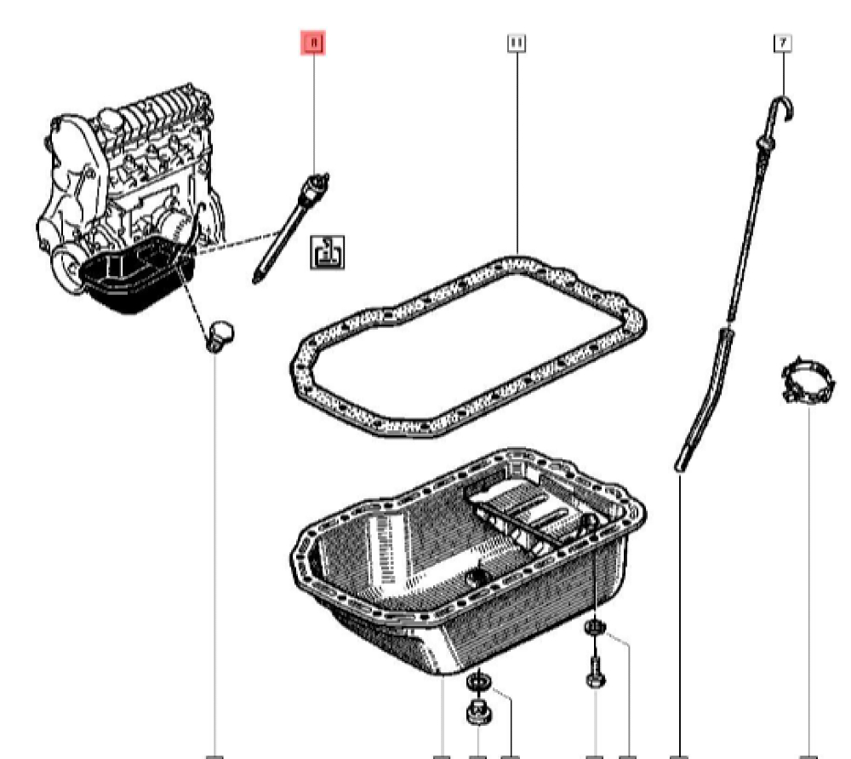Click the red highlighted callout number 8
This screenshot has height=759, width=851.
point(314,42)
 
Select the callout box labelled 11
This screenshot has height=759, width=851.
point(516,42)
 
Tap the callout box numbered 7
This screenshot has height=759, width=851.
point(782,42)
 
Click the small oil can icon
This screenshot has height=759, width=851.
point(328,251)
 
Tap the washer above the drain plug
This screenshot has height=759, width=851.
point(478,681)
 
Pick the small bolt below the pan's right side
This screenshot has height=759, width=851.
point(594,673)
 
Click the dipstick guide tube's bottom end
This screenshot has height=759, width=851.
point(680,465)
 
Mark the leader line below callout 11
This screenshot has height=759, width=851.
point(516,145)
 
